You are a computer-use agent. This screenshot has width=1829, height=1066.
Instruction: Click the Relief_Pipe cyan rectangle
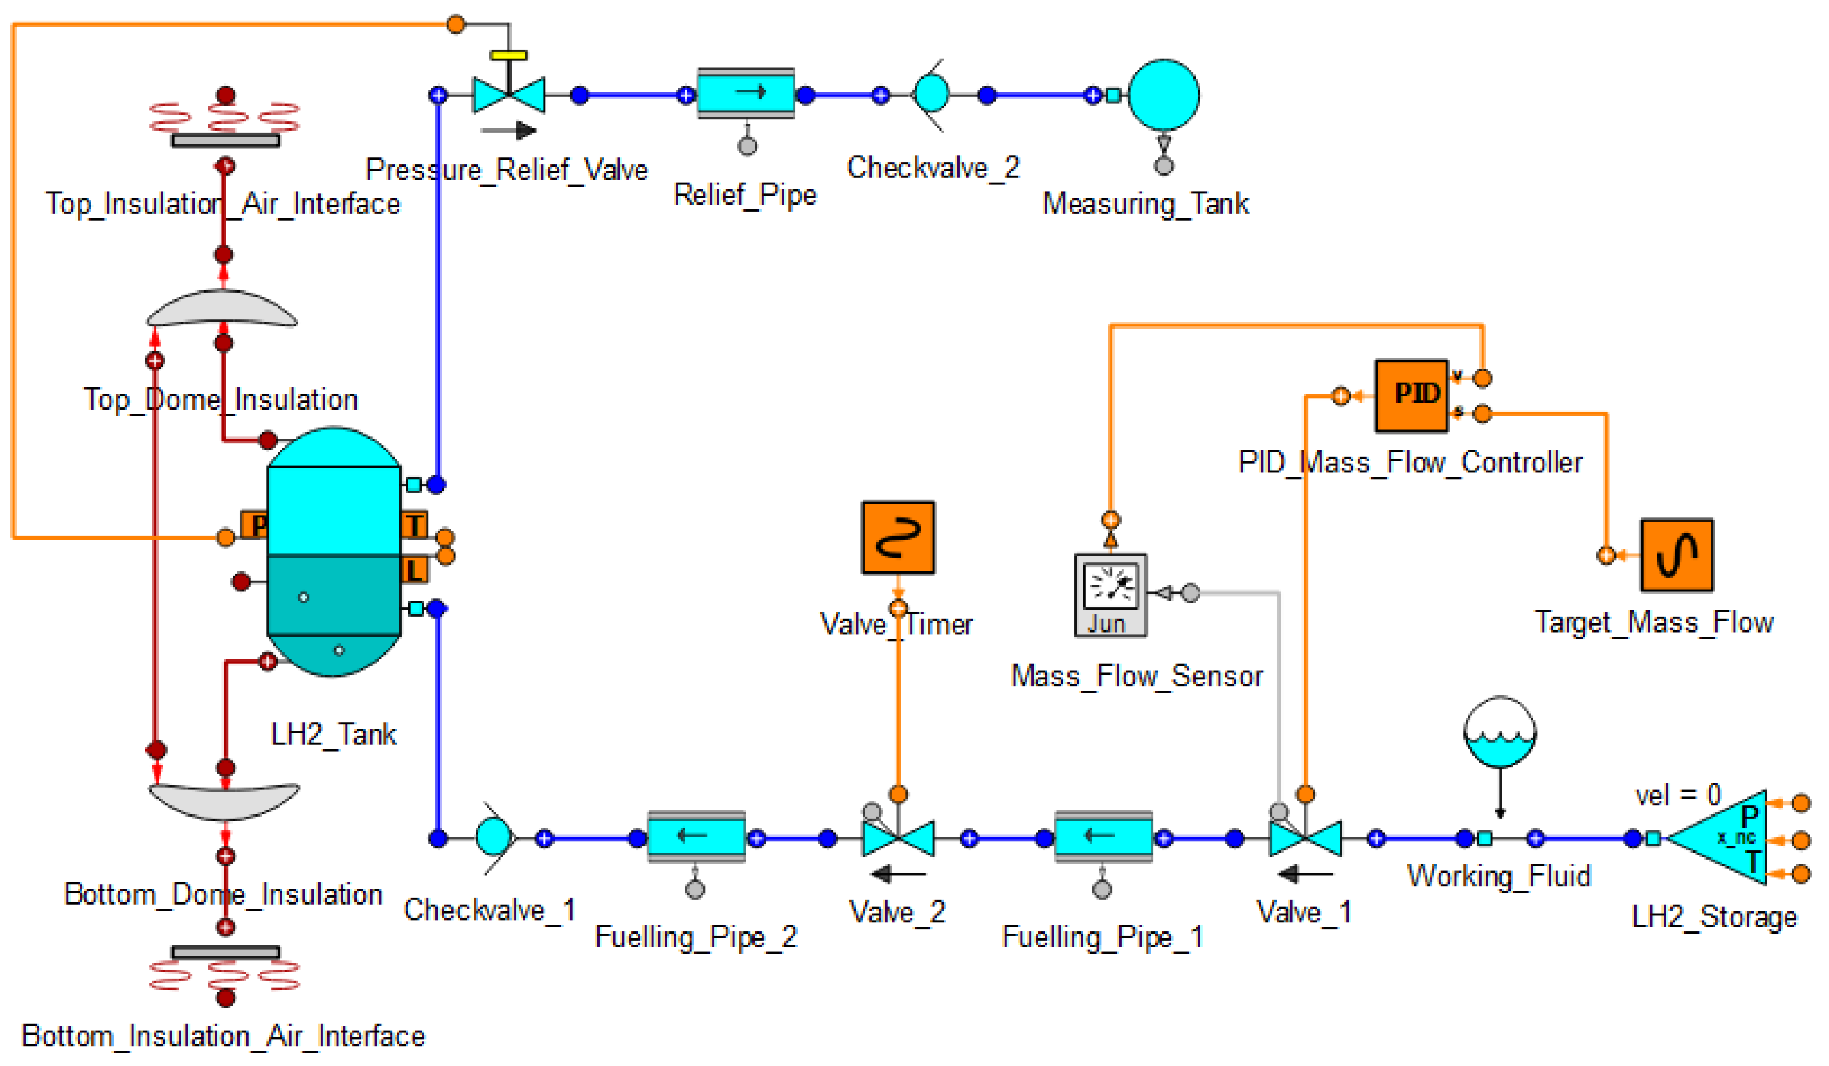tap(746, 93)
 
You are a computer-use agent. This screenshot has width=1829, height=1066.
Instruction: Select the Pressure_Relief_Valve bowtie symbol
tap(509, 95)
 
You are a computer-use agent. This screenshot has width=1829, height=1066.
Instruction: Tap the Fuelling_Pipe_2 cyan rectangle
tap(696, 836)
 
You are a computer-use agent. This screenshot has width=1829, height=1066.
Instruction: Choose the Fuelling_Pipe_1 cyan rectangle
tap(1103, 836)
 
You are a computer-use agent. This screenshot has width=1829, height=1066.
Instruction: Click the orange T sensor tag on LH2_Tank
tap(414, 524)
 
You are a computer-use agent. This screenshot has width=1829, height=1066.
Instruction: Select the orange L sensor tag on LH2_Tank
tap(414, 570)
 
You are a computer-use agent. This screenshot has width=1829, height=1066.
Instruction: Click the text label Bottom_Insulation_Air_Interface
tap(223, 1036)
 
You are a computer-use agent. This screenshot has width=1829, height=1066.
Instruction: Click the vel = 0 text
tap(1677, 795)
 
